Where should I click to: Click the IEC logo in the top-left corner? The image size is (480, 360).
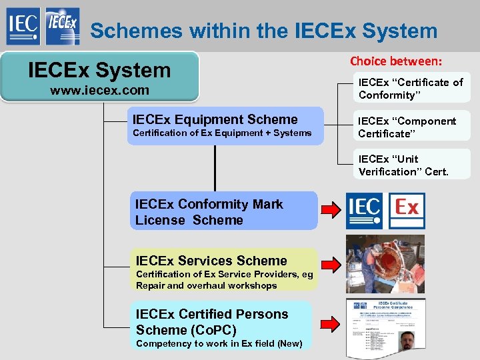22,27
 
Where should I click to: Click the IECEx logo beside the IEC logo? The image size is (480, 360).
63,27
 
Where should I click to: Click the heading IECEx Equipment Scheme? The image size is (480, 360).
215,119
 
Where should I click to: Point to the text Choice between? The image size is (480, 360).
396,61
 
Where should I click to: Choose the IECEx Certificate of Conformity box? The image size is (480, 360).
411,89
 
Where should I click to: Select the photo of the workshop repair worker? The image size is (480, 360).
385,264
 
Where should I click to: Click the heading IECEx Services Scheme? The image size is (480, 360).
211,261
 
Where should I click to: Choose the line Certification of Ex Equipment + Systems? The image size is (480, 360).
222,133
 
